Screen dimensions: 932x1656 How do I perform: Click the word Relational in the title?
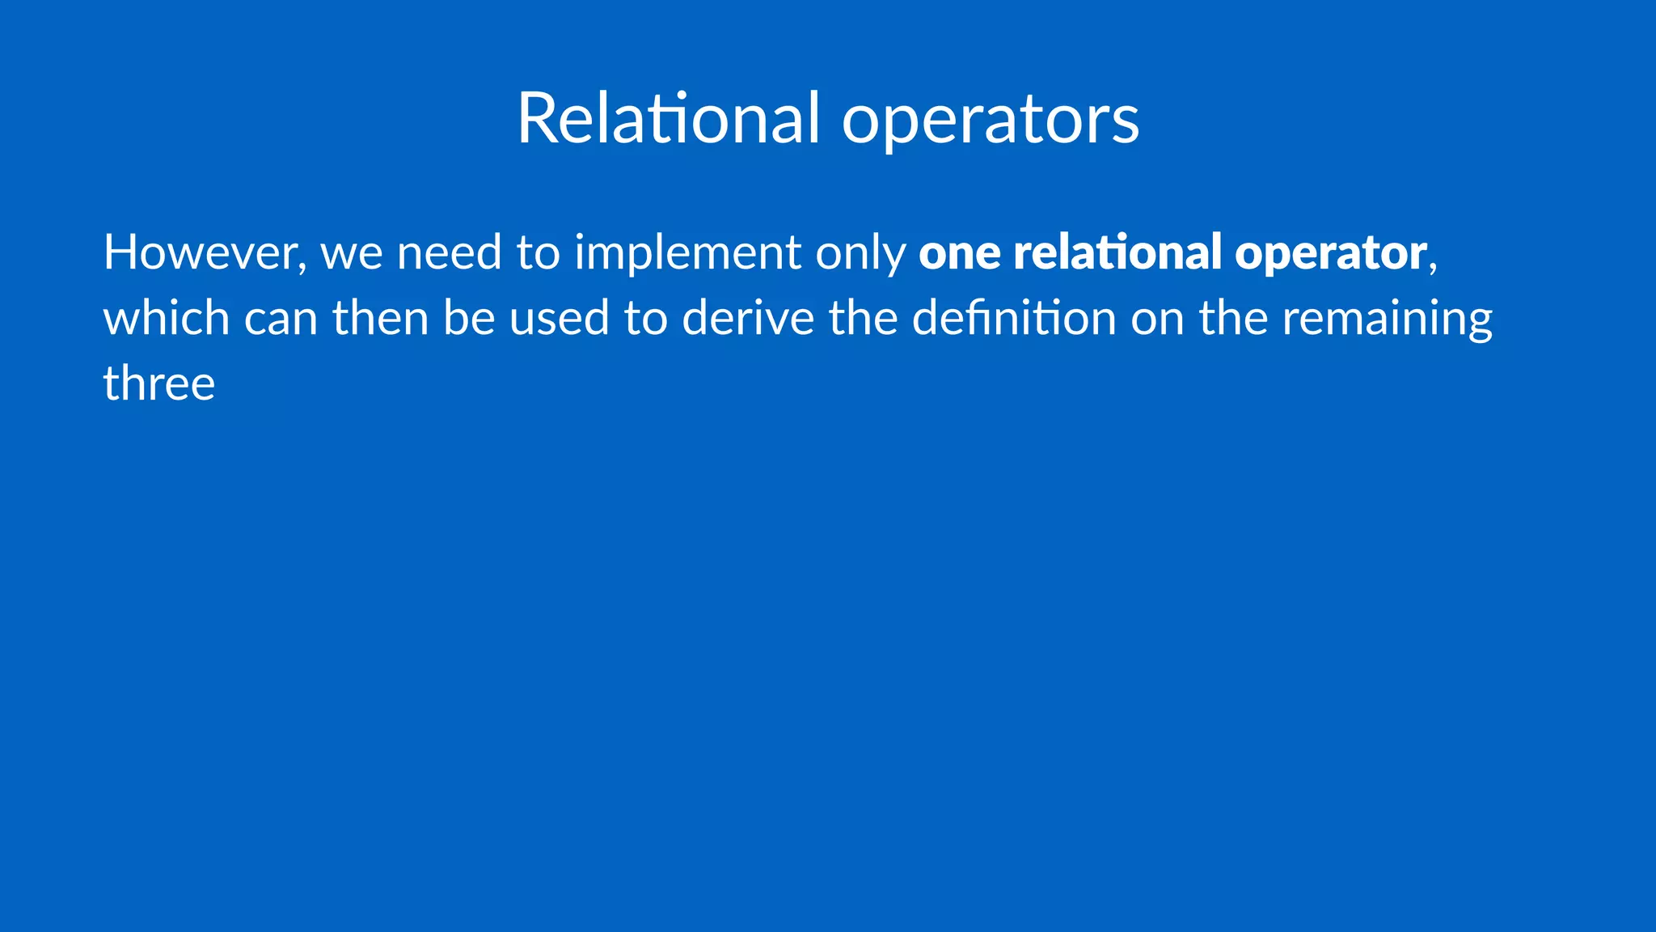click(x=668, y=118)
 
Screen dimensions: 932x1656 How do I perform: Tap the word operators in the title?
click(x=991, y=121)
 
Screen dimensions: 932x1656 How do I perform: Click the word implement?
click(x=687, y=254)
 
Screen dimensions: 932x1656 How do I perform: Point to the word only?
click(x=860, y=254)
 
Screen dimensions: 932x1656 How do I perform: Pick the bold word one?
click(x=959, y=254)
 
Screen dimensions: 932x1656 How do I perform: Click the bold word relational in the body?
click(x=1117, y=252)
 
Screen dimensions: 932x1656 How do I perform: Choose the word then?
click(x=380, y=317)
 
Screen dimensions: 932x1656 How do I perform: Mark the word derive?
click(x=748, y=317)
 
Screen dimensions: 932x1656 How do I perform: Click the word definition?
click(x=1014, y=317)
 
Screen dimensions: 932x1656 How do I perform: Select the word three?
click(x=159, y=383)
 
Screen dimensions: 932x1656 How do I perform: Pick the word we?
click(x=352, y=254)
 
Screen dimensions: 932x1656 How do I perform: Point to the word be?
click(x=469, y=317)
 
